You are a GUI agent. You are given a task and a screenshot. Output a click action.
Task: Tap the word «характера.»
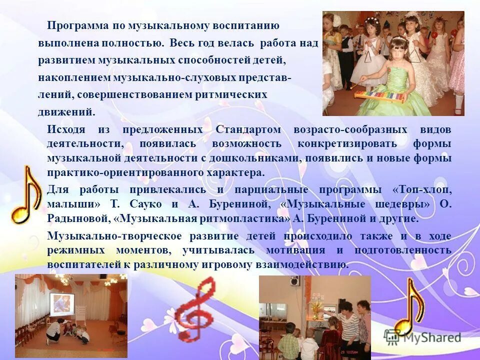pos(234,173)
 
